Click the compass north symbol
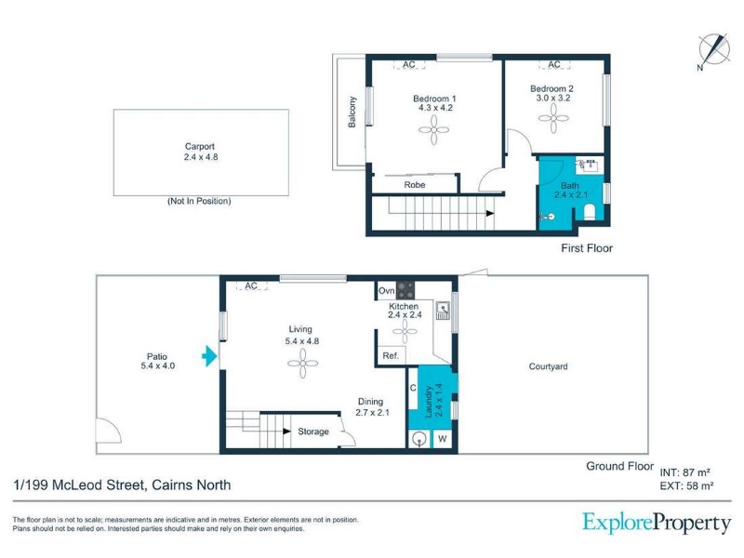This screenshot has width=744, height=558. pos(714,50)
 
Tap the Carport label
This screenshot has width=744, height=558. pos(200,147)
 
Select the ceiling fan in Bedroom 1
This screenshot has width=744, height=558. pos(433,129)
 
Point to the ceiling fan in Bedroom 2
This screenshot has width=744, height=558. pos(553,118)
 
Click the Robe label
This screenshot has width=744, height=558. pos(415,185)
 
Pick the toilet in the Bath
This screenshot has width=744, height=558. pos(590,212)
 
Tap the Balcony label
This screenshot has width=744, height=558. pos(352,112)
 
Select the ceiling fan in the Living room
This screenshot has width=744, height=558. pos(303,364)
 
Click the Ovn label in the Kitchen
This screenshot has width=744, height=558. pos(386,290)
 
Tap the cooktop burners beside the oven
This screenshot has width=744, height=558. pos(405,290)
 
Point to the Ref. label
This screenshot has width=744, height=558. pos(391,356)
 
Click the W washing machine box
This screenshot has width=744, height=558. pos(443,438)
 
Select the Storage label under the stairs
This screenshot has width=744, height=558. pos(313,432)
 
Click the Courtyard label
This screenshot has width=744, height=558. pos(548,366)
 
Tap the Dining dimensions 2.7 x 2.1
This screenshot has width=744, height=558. pos(373,413)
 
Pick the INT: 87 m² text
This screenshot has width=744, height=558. pos(684,472)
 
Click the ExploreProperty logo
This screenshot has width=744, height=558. pos(657,524)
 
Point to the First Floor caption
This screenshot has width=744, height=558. pos(587,248)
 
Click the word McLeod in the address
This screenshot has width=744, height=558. pos(77,485)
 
